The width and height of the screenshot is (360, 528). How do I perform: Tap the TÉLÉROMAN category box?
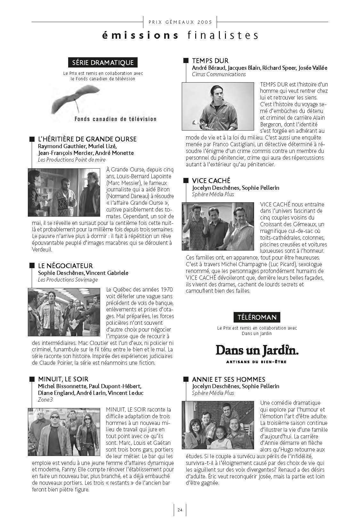click(257, 317)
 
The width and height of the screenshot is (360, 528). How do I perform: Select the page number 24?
click(180, 510)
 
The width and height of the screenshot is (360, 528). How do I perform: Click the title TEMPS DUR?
click(210, 61)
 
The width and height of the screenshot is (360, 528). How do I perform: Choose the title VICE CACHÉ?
click(211, 181)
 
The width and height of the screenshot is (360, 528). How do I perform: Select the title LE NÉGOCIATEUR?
click(65, 266)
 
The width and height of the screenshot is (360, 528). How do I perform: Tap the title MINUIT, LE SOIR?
click(63, 379)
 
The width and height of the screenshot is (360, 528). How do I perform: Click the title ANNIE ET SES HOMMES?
click(228, 379)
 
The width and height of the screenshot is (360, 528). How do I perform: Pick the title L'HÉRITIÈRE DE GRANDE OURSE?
click(87, 139)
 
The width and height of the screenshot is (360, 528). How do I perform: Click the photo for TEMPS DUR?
click(218, 106)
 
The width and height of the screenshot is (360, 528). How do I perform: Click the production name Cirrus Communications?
click(219, 74)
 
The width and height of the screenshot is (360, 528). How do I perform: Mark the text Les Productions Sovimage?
click(68, 280)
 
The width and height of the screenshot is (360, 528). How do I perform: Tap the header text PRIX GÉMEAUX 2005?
click(180, 22)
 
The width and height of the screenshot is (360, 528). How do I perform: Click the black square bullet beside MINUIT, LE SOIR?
click(32, 379)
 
